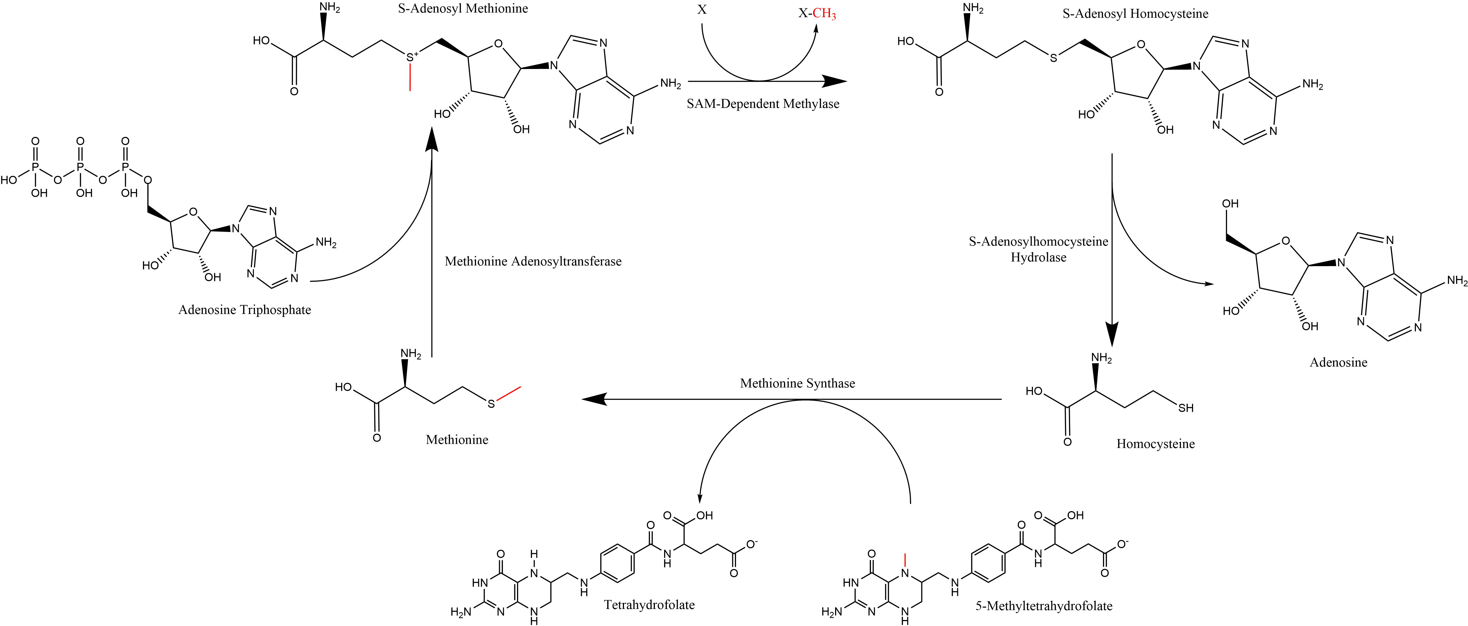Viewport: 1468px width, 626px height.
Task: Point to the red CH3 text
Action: point(825,15)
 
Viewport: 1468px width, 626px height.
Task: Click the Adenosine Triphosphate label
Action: point(245,311)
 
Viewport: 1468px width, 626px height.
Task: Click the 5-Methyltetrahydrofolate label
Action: point(1044,606)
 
